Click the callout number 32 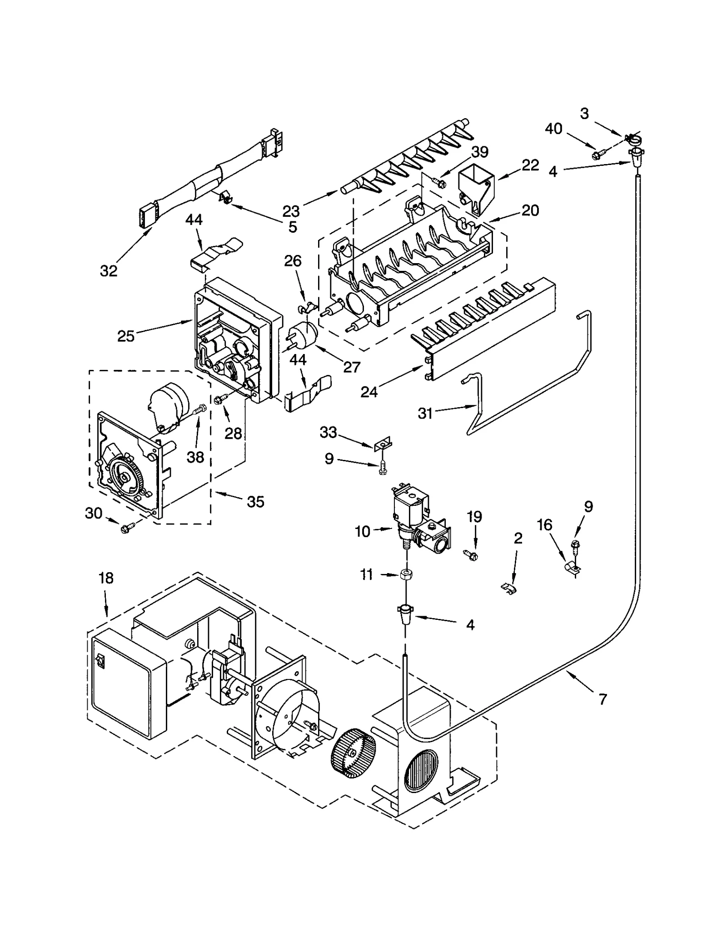click(x=109, y=271)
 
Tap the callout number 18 click(x=106, y=578)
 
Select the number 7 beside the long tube click(x=603, y=699)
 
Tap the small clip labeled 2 click(x=509, y=589)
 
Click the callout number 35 click(x=255, y=502)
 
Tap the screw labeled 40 click(x=597, y=155)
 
